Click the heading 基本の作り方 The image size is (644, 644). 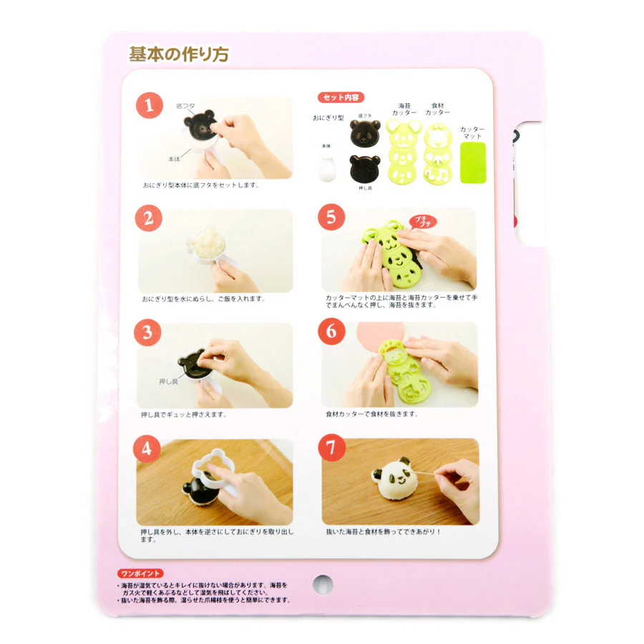tap(179, 54)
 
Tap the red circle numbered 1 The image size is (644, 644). tap(148, 106)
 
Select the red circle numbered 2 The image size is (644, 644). tap(148, 219)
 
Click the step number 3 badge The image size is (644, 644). tap(148, 333)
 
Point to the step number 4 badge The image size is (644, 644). tap(148, 449)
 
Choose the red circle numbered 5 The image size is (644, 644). tap(331, 218)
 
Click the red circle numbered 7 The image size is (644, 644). tap(331, 449)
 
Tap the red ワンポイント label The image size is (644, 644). tap(140, 573)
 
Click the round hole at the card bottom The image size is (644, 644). tap(323, 583)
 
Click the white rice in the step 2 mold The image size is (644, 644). tap(209, 240)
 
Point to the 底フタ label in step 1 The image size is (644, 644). tap(185, 106)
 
